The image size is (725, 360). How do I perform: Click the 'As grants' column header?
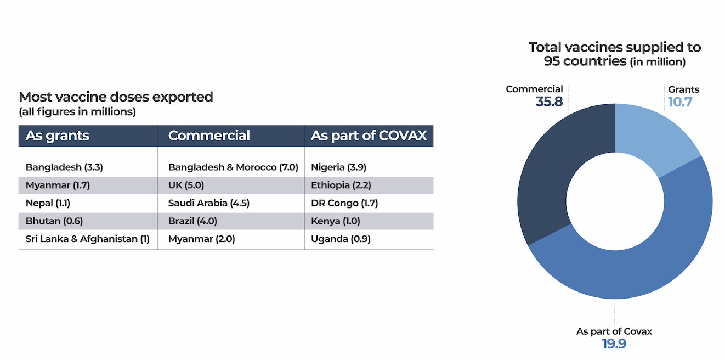click(x=58, y=136)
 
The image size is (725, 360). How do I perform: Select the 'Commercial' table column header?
click(x=209, y=136)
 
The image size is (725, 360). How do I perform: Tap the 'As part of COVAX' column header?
click(x=369, y=136)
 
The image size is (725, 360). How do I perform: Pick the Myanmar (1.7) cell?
click(x=58, y=185)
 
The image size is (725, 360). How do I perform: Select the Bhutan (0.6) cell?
click(x=53, y=221)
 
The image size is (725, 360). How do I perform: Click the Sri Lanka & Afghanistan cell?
click(x=88, y=239)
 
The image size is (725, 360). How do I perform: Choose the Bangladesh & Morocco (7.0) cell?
click(x=233, y=167)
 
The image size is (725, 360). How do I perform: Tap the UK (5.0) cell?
click(x=186, y=185)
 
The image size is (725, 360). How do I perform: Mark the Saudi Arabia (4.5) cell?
click(x=209, y=203)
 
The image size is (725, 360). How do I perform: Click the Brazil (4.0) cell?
click(x=193, y=221)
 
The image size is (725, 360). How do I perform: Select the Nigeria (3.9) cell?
click(x=339, y=167)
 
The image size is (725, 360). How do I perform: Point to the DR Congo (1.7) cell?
click(x=344, y=203)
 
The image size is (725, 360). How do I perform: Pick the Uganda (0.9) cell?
click(x=341, y=239)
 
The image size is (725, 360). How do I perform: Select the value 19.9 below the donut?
click(x=614, y=344)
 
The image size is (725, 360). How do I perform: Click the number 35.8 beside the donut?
click(x=549, y=102)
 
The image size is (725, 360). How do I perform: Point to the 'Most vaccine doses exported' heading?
click(x=116, y=97)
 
